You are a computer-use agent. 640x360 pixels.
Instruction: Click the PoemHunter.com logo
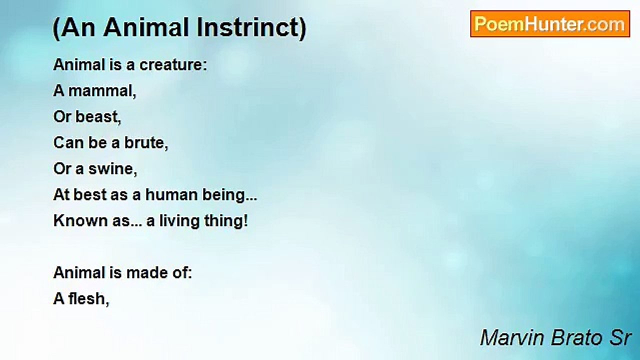click(550, 24)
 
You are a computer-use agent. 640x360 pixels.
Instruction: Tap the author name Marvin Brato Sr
click(555, 338)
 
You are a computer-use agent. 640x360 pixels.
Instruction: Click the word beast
click(98, 117)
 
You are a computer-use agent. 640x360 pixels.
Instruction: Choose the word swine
click(113, 169)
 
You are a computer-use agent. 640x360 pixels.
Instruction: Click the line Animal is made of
click(122, 273)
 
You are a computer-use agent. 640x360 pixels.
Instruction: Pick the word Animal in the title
click(146, 27)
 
